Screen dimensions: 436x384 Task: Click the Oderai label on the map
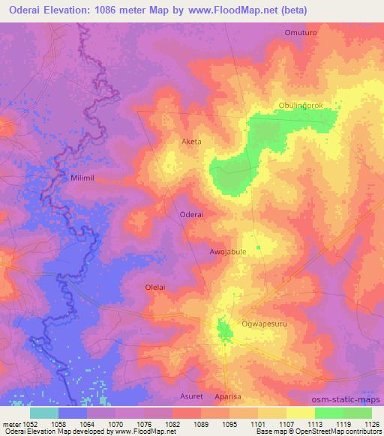coord(193,214)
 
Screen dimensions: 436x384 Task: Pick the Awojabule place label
coord(228,252)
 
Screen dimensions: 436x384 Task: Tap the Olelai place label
coord(155,287)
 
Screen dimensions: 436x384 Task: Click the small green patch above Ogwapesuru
coord(223,327)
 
